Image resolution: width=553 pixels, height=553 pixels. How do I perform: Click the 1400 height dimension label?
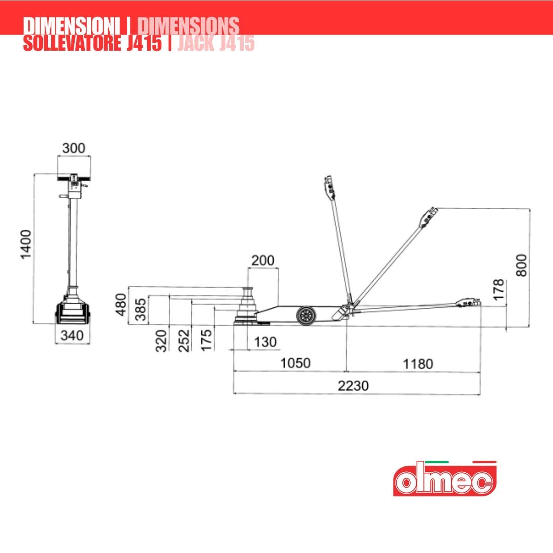pyautogui.click(x=26, y=245)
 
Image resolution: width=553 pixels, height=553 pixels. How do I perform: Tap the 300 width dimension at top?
pyautogui.click(x=74, y=148)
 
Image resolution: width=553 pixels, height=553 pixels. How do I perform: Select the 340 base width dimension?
pyautogui.click(x=72, y=335)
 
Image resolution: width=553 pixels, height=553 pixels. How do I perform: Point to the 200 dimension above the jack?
pyautogui.click(x=263, y=260)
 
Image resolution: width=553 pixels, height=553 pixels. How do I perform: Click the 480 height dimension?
pyautogui.click(x=121, y=305)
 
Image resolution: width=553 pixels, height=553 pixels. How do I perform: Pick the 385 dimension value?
pyautogui.click(x=141, y=309)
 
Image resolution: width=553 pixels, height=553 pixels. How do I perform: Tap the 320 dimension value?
pyautogui.click(x=161, y=341)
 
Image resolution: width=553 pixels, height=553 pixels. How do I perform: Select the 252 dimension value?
pyautogui.click(x=184, y=341)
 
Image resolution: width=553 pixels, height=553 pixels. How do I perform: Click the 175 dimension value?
pyautogui.click(x=206, y=340)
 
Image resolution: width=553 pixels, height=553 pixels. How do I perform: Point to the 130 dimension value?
pyautogui.click(x=265, y=342)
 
